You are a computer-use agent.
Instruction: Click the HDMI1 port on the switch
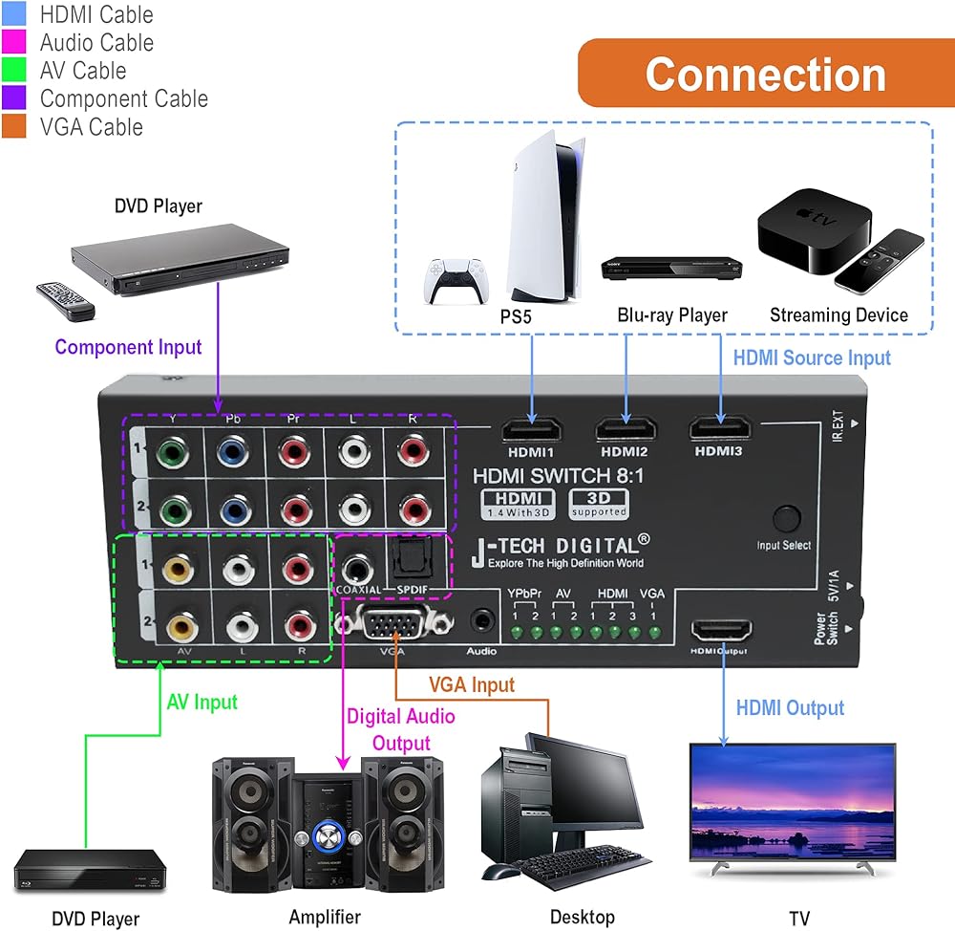[532, 431]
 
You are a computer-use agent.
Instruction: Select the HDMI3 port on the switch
[718, 431]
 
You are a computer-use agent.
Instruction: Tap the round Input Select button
[785, 519]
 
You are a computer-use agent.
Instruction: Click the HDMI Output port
[721, 632]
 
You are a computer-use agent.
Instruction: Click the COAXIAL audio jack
[357, 570]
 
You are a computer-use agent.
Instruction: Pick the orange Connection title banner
[765, 74]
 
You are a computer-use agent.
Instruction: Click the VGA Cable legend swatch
[14, 126]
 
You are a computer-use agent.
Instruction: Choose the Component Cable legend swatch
[14, 98]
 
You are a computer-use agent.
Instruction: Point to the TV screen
[792, 799]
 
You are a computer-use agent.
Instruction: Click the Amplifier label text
[326, 917]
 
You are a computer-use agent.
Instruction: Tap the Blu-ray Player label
[672, 315]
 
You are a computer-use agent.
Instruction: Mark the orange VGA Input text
[471, 684]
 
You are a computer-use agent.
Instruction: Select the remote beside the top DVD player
[66, 300]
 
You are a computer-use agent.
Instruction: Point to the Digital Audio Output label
[400, 729]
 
